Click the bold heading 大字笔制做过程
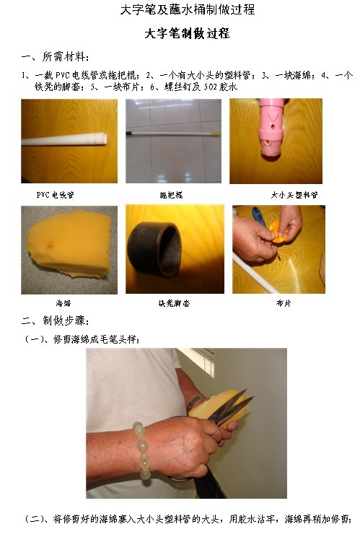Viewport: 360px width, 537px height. tap(187, 33)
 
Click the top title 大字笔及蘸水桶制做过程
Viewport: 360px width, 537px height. tap(188, 9)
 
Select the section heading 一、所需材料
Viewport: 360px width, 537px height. tap(56, 56)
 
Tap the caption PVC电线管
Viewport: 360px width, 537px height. tap(55, 195)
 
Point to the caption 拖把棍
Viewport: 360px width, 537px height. tap(172, 195)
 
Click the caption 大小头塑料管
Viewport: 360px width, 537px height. tap(294, 195)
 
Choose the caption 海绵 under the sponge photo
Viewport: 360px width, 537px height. tap(63, 303)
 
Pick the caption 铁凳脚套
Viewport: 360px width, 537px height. tap(174, 303)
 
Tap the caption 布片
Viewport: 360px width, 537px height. tap(284, 303)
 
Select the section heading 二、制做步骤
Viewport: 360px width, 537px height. tap(56, 321)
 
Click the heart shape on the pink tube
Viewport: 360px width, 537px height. tap(273, 115)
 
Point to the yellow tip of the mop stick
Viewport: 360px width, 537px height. tap(215, 134)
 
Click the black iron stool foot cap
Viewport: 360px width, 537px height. tap(154, 249)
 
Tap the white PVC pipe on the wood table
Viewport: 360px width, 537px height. tap(64, 139)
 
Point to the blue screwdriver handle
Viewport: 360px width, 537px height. tap(258, 217)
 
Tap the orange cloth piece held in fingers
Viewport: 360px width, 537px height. tap(278, 231)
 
